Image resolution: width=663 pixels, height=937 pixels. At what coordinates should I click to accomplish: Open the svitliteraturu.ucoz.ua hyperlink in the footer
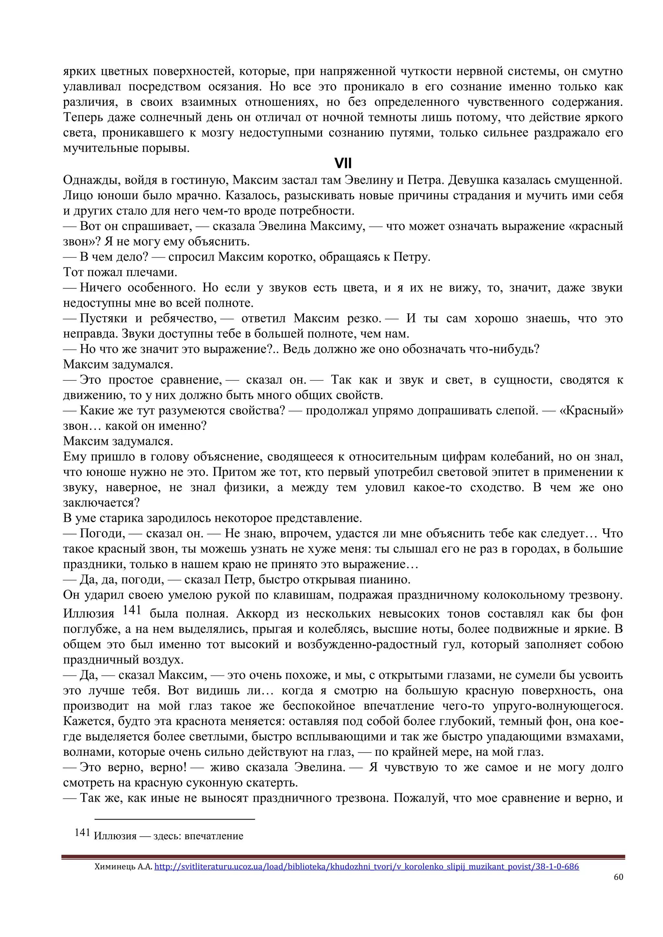pyautogui.click(x=366, y=866)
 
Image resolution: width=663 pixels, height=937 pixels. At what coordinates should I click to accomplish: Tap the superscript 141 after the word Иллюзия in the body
pyautogui.click(x=131, y=610)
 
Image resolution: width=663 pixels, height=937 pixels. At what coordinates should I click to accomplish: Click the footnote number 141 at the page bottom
pyautogui.click(x=82, y=832)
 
